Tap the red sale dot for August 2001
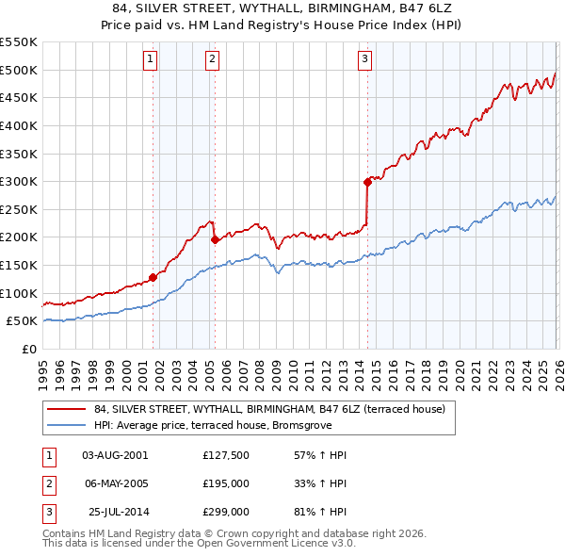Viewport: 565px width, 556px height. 153,277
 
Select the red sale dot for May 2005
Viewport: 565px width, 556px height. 215,239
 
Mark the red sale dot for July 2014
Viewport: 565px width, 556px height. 368,182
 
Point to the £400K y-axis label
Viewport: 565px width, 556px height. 20,125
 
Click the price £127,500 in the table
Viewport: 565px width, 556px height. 225,455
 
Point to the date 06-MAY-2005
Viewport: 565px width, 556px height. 116,483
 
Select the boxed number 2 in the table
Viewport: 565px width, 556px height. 47,483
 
